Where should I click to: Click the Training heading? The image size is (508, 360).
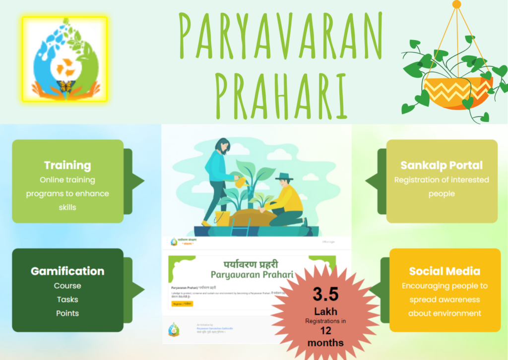pyautogui.click(x=67, y=165)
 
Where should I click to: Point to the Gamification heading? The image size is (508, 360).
pyautogui.click(x=67, y=271)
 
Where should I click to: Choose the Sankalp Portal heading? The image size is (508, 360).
pyautogui.click(x=442, y=165)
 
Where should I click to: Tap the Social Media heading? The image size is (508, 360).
pyautogui.click(x=444, y=271)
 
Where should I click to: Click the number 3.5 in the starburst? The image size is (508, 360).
pyautogui.click(x=325, y=294)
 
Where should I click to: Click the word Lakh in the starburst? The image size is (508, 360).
pyautogui.click(x=325, y=311)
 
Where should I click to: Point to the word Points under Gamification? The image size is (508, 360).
pyautogui.click(x=67, y=313)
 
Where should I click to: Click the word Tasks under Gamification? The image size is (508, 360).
pyautogui.click(x=67, y=300)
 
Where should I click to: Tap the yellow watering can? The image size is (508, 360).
pyautogui.click(x=242, y=182)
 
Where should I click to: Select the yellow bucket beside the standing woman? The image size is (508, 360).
pyautogui.click(x=221, y=217)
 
